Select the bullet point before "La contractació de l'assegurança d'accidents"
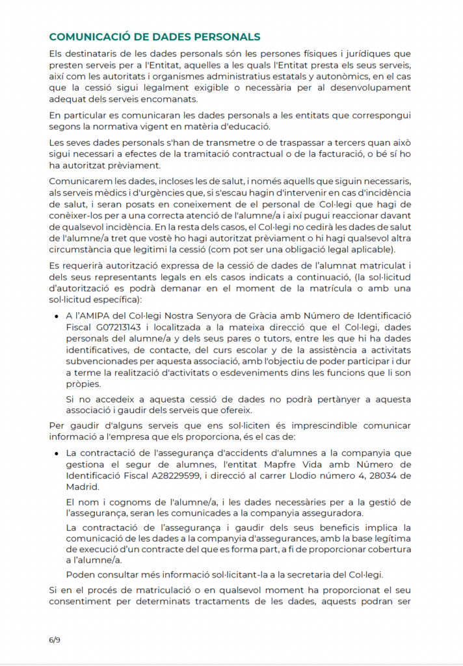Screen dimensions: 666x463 coord(58,453)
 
